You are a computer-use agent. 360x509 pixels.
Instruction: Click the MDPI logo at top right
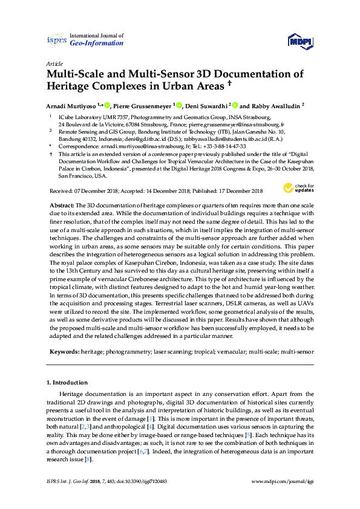coord(300,41)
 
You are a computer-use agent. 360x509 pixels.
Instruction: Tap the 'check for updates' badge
coord(303,187)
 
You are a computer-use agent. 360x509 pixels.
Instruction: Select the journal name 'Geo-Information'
coord(97,44)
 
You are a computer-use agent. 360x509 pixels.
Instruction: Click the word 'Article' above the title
coord(54,63)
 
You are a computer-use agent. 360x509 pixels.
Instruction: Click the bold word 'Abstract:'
coord(62,206)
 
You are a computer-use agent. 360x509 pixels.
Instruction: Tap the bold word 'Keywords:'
coord(64,351)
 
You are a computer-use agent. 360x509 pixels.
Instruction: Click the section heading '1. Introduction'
coord(67,383)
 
